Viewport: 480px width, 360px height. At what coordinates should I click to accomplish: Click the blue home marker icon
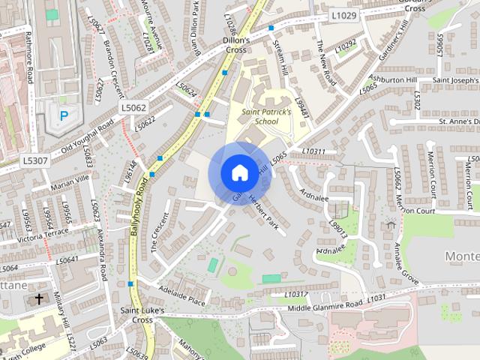click(x=238, y=172)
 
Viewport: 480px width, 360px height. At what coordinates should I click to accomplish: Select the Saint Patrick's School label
click(x=256, y=116)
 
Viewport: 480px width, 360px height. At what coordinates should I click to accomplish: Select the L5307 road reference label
click(x=34, y=160)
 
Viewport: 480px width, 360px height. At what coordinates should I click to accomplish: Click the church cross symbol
click(x=39, y=299)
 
